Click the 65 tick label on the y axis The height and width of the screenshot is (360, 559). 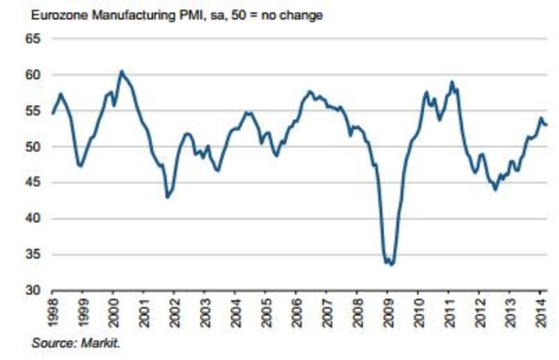[x=33, y=39]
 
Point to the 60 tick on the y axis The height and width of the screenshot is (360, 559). [x=33, y=75]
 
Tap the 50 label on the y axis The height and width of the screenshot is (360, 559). [x=33, y=147]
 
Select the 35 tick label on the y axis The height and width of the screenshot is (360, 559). [x=33, y=255]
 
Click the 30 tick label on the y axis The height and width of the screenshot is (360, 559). [x=33, y=291]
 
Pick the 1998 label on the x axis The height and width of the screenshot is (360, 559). [x=53, y=312]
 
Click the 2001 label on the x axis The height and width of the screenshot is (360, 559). [x=144, y=312]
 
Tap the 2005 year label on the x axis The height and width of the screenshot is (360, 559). [x=266, y=312]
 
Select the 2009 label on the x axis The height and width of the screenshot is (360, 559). [x=388, y=312]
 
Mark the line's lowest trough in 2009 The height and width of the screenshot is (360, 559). [x=391, y=265]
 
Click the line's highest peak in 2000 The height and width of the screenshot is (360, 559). [x=122, y=72]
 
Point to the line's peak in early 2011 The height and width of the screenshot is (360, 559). [x=451, y=82]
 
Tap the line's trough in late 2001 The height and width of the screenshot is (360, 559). [x=167, y=197]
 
